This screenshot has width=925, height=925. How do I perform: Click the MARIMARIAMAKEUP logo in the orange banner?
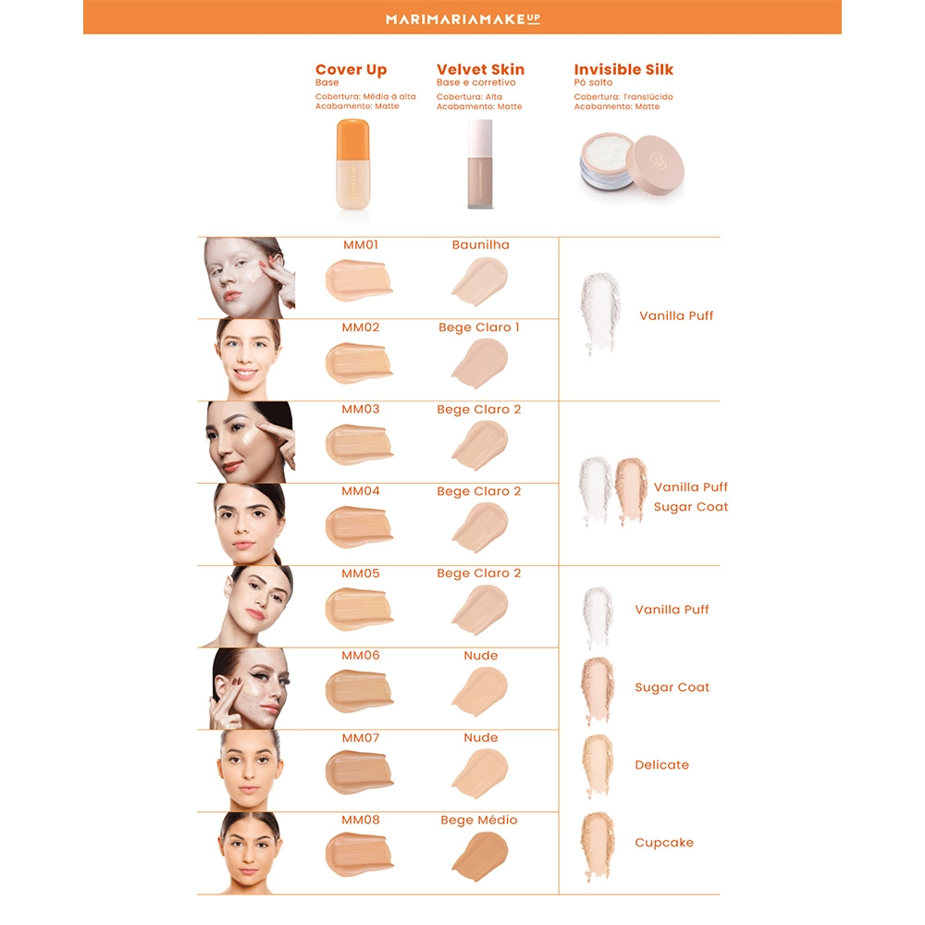(462, 18)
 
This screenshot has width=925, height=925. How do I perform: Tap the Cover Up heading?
(351, 69)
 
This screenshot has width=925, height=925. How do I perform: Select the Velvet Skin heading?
(480, 69)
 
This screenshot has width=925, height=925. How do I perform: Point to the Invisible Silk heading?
(623, 69)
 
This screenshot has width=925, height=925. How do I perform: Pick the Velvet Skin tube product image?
(480, 164)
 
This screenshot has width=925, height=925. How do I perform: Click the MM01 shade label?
(361, 245)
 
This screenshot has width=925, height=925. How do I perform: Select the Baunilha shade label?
(481, 245)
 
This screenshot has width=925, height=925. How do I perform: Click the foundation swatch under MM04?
(358, 526)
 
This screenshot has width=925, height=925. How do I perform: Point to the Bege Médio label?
(479, 820)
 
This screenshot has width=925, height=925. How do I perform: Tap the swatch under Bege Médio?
(480, 856)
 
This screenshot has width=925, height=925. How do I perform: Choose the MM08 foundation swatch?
(358, 854)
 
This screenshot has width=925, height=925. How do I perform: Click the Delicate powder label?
(662, 765)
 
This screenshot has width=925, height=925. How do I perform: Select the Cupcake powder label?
(664, 843)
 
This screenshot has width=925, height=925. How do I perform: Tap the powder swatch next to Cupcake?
(598, 846)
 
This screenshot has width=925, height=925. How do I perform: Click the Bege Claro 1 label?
(479, 327)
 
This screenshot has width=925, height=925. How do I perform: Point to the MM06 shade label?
(361, 656)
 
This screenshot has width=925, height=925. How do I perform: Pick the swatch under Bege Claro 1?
(480, 364)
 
